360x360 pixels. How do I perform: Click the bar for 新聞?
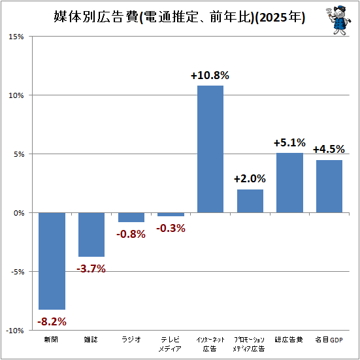52,261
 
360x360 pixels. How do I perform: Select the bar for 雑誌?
91,235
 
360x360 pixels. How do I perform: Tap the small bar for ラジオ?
131,217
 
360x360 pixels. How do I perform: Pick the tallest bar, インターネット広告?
210,149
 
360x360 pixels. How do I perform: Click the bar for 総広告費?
289,183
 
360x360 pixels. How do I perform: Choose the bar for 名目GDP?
329,186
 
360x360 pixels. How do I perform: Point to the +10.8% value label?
210,75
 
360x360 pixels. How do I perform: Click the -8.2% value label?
52,321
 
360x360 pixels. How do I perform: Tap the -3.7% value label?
91,269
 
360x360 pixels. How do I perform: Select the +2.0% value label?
250,178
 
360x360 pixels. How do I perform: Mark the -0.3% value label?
171,228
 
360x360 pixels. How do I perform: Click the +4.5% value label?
329,149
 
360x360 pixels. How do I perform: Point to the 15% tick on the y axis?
16,37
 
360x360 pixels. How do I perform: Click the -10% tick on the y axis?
14,331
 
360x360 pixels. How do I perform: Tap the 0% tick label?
19,213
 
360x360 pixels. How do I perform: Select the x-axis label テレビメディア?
170,344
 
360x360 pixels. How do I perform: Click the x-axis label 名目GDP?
329,340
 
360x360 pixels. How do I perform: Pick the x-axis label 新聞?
51,339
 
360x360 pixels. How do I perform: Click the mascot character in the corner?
338,20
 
